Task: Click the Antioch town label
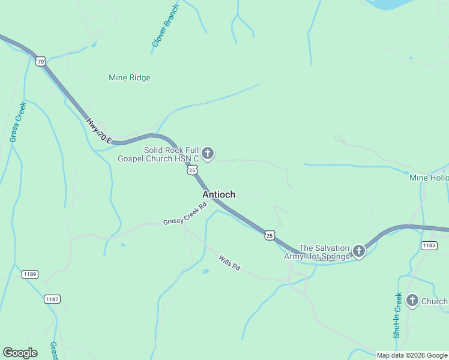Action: [218, 194]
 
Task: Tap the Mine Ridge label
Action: [130, 77]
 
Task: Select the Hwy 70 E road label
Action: [100, 130]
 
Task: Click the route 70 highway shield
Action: [40, 61]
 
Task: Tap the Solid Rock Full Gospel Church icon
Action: [208, 154]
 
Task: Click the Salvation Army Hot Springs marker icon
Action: [359, 251]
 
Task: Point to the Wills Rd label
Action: [229, 262]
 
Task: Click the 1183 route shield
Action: [429, 245]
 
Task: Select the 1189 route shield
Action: [29, 274]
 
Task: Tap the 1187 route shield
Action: [52, 298]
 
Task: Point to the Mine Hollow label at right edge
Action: [429, 178]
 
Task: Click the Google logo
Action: [20, 353]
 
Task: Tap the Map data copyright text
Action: [411, 355]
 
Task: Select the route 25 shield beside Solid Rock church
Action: [192, 170]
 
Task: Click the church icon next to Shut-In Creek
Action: [412, 301]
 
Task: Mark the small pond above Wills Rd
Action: [206, 272]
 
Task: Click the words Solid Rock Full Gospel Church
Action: [171, 154]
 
